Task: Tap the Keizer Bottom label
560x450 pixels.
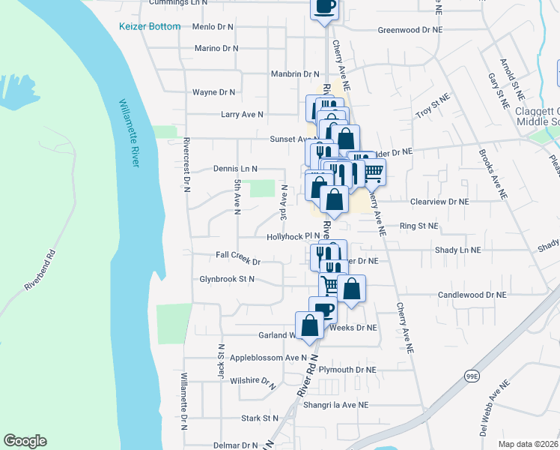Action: pos(150,27)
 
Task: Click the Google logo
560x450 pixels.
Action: pos(25,441)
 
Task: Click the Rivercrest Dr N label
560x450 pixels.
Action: pos(186,163)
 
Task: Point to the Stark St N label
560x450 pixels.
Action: pos(260,418)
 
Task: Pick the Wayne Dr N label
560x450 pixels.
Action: pos(213,92)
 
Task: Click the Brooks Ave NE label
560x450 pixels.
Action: pos(493,172)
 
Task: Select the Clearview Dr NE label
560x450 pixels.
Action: pos(439,202)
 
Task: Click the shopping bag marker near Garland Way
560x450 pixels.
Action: pos(309,325)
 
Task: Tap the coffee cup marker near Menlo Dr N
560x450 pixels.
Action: pos(324,8)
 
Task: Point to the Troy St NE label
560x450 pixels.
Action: pos(433,106)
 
